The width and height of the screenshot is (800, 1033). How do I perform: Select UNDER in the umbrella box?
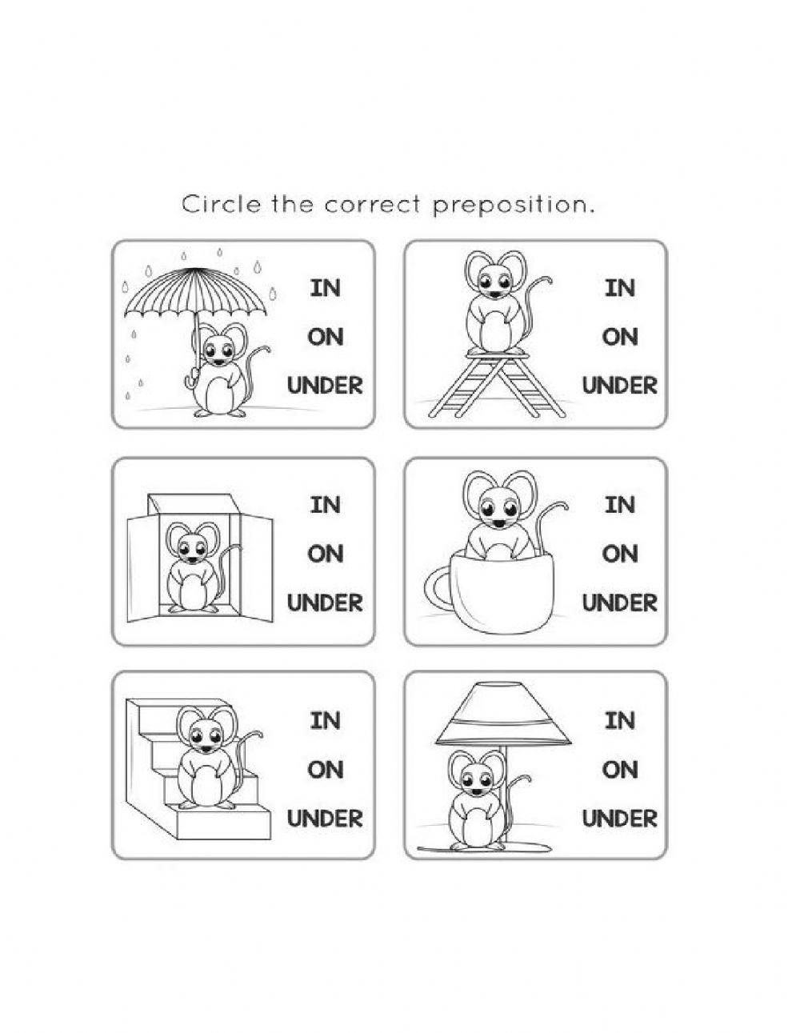pyautogui.click(x=325, y=386)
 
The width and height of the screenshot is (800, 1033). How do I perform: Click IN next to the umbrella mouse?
pyautogui.click(x=325, y=288)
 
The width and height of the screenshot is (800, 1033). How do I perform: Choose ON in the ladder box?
pyautogui.click(x=619, y=337)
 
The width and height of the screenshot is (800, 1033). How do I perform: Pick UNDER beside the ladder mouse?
pyautogui.click(x=619, y=386)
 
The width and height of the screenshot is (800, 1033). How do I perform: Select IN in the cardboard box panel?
pyautogui.click(x=325, y=505)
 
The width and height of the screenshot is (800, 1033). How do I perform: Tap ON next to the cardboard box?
pyautogui.click(x=325, y=554)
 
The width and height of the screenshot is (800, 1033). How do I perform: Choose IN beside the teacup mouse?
pyautogui.click(x=619, y=505)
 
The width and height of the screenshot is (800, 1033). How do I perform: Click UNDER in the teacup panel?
pyautogui.click(x=619, y=603)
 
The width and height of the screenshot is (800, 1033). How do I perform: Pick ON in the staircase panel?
pyautogui.click(x=325, y=770)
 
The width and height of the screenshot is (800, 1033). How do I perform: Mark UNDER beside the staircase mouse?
pyautogui.click(x=325, y=819)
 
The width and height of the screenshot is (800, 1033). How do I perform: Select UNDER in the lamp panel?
pyautogui.click(x=619, y=819)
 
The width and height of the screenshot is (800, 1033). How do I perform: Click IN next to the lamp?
pyautogui.click(x=619, y=721)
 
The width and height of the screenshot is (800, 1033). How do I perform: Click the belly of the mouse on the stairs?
pyautogui.click(x=204, y=785)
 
